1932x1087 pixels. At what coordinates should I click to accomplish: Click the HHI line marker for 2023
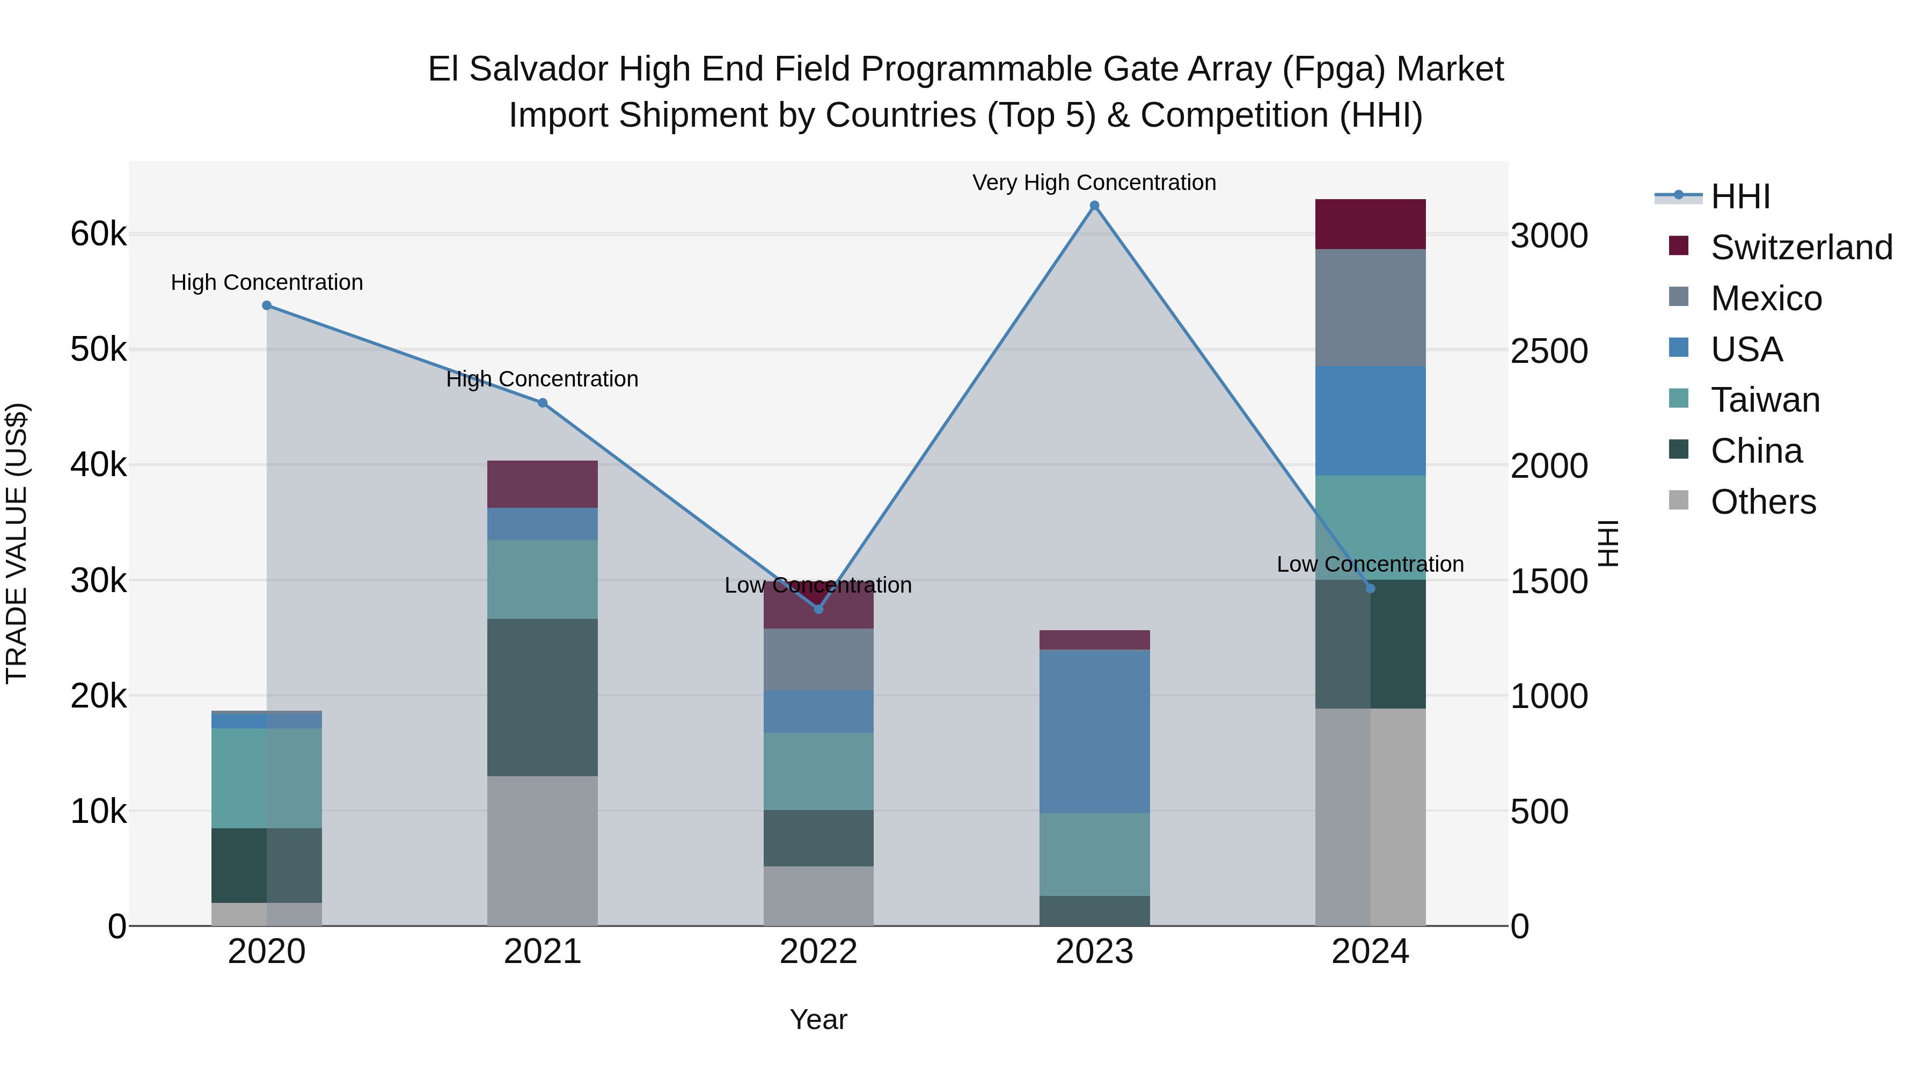click(1094, 206)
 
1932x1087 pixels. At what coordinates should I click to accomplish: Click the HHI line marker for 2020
click(267, 305)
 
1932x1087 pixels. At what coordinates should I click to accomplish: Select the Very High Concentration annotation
click(1094, 183)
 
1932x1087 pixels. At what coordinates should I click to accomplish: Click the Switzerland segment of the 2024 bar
click(1370, 224)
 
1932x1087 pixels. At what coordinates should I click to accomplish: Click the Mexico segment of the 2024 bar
click(1370, 308)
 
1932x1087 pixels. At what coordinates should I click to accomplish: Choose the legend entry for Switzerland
click(1800, 247)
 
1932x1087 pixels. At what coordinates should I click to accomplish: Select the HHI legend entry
click(1739, 196)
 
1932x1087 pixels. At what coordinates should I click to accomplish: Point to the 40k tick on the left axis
click(98, 465)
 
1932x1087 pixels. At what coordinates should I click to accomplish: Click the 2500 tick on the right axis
click(1549, 351)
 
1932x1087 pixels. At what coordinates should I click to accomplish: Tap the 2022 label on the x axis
click(818, 952)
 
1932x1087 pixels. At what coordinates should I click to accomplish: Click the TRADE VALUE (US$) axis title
click(17, 543)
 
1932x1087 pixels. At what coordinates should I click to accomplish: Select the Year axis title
click(818, 1019)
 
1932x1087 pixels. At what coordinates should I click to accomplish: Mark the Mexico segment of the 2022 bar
click(818, 659)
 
